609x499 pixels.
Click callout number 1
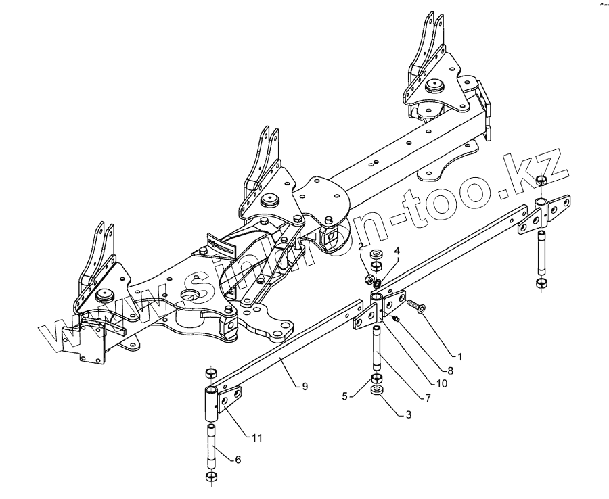[460, 355]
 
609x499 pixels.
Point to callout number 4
[397, 250]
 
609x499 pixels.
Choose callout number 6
[237, 460]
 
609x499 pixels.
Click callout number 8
[449, 371]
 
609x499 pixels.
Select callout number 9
[304, 386]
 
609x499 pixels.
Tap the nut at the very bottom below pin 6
[210, 477]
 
